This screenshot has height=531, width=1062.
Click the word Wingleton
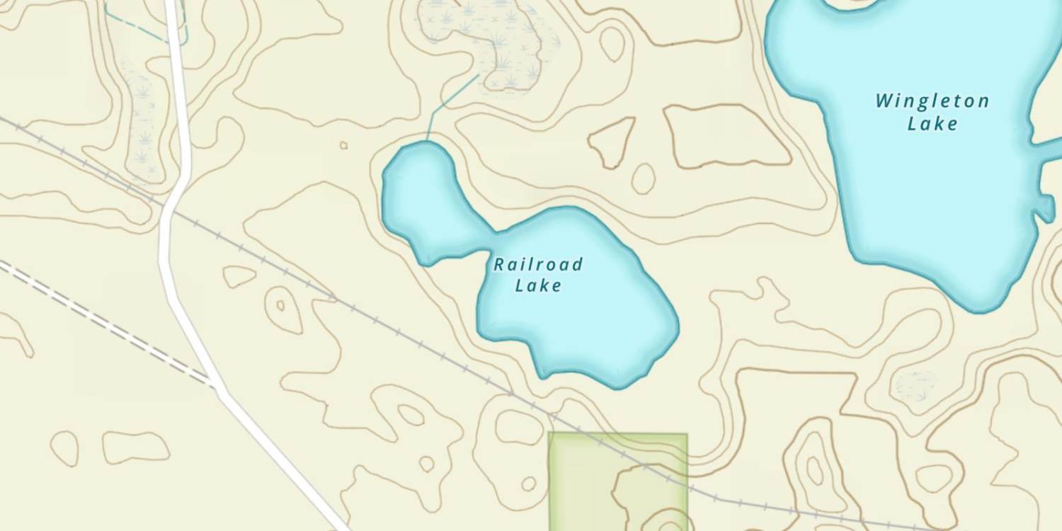[x=932, y=101]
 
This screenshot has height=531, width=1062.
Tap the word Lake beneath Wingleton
[x=932, y=124]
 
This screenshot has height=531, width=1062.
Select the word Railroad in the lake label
[x=538, y=265]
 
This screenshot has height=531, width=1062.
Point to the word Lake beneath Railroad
[x=538, y=285]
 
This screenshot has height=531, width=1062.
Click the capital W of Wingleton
[x=883, y=101]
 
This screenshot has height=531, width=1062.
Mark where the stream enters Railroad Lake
[x=427, y=141]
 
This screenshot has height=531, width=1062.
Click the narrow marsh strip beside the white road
[x=142, y=120]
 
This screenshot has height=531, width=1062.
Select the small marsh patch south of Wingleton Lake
[x=915, y=385]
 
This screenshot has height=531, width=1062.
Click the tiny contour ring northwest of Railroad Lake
[x=343, y=145]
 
